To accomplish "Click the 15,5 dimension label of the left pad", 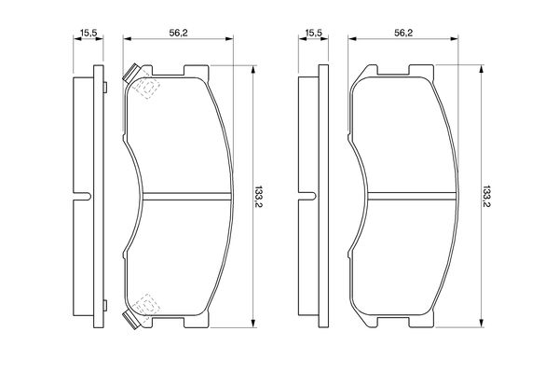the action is point(89,33).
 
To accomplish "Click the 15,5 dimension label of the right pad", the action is point(313,33).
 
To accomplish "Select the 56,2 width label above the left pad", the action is point(178,33).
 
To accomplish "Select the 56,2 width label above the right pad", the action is point(403,33).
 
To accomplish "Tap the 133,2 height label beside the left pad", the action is point(258,197).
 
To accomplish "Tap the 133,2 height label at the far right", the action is point(485,197).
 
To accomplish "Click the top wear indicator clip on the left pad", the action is point(130,73).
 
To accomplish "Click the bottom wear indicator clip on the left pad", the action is point(130,320).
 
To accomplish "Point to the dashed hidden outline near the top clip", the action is point(146,88).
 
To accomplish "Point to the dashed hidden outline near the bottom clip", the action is point(146,305).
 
